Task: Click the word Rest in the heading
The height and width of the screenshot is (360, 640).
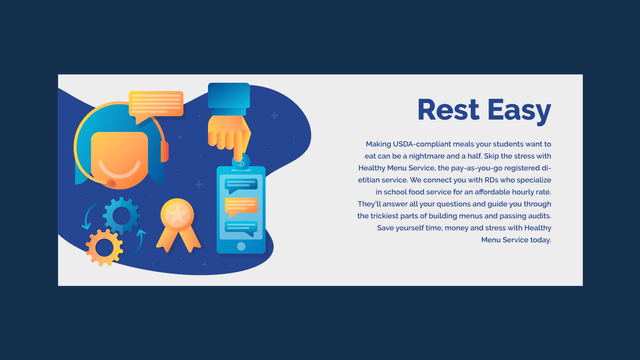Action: pos(448,110)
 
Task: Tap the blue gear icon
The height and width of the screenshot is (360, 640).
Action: pos(121,215)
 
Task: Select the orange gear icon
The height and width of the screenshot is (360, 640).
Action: pos(104,247)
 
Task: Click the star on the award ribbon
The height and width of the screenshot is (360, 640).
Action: pos(177,215)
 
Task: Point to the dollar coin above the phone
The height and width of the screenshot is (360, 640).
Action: pos(241,162)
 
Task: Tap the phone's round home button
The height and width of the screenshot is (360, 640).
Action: pos(241,246)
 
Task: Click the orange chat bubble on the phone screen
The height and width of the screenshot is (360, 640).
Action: pos(241,206)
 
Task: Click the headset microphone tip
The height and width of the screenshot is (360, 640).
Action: pos(110,183)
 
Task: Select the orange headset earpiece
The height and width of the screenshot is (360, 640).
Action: pos(165,151)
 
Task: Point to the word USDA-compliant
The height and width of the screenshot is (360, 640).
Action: pos(422,144)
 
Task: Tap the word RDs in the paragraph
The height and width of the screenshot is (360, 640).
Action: pos(491,180)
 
